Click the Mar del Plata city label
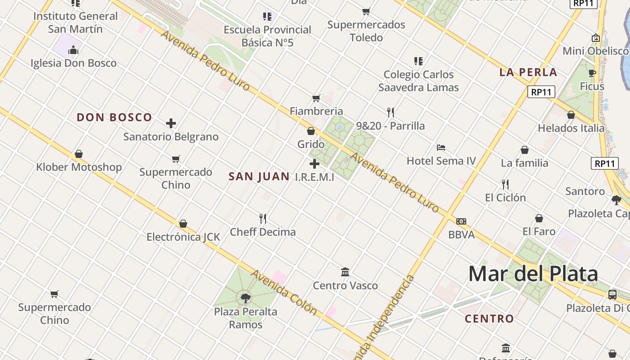[x=533, y=274]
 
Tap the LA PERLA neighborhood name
[x=528, y=72]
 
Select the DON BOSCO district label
[x=114, y=117]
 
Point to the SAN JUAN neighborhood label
[x=259, y=176]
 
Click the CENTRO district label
[x=489, y=319]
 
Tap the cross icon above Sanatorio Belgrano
[x=171, y=123]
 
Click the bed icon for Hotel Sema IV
[x=441, y=148]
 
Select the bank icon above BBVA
[x=461, y=221]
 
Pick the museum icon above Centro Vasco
[x=345, y=272]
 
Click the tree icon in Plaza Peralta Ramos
[x=245, y=297]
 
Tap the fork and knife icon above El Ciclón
[x=505, y=184]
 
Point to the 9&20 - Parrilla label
[x=390, y=126]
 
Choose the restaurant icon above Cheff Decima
[x=263, y=219]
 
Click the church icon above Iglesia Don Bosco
[x=73, y=50]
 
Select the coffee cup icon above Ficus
[x=592, y=73]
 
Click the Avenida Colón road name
[x=284, y=292]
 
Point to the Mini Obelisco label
[x=595, y=51]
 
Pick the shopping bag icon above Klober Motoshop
[x=79, y=154]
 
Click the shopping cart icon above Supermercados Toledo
[x=366, y=11]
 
